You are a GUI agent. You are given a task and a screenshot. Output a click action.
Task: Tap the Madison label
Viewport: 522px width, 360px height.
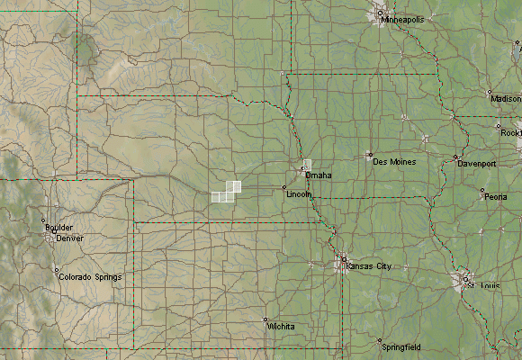506,97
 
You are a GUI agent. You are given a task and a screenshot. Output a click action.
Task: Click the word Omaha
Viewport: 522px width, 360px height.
319,175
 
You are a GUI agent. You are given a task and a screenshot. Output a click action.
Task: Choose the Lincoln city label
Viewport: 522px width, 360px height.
299,194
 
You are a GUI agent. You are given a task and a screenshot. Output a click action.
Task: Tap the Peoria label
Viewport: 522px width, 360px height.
496,196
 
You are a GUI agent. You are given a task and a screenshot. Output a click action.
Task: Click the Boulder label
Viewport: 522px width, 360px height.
59,228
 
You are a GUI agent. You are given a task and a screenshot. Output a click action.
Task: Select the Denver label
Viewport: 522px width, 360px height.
70,238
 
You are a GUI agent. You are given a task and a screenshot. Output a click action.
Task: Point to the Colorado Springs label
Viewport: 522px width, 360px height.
90,277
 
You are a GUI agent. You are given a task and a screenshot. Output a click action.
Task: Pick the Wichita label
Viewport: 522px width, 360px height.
282,327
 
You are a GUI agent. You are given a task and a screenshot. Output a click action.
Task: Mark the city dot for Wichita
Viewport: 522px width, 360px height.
265,319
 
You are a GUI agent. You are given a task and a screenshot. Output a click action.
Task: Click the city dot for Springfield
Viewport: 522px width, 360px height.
380,341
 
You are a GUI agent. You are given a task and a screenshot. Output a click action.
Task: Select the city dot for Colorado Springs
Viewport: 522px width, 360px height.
56,270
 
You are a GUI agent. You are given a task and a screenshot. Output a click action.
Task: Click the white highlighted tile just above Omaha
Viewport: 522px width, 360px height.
308,165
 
